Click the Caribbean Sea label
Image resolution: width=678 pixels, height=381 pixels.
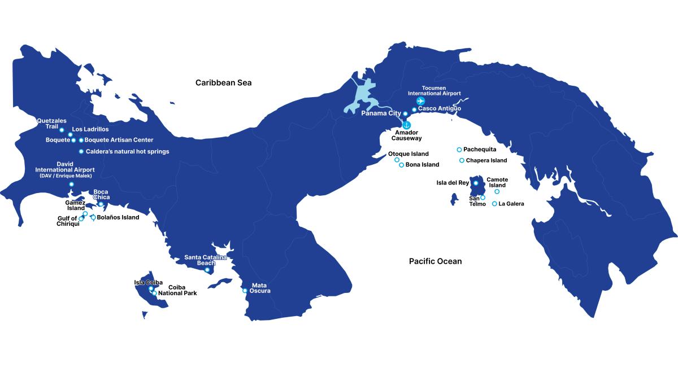(223, 83)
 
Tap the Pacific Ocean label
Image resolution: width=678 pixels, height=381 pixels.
(435, 261)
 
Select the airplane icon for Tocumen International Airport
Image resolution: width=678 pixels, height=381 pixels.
(420, 101)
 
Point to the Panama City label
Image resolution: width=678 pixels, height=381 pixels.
(381, 113)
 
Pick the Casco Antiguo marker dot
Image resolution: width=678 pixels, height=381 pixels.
(414, 110)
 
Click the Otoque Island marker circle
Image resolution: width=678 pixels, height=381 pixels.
(397, 160)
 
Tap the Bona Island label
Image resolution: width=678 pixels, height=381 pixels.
(422, 165)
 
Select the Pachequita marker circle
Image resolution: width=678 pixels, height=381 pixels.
(459, 150)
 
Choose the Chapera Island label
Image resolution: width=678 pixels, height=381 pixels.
(486, 160)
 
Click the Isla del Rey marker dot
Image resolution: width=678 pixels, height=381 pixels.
(476, 183)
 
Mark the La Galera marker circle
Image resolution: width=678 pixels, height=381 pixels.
(495, 204)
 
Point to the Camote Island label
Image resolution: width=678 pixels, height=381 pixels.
(497, 182)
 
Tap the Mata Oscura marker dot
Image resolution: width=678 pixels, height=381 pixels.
(245, 291)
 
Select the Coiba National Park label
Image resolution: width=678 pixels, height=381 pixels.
(177, 290)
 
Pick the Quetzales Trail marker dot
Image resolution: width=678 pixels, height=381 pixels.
(62, 130)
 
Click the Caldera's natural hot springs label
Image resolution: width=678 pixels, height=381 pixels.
(127, 151)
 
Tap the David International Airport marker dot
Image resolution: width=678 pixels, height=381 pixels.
(71, 184)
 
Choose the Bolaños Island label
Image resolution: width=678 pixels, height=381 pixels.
(118, 217)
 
